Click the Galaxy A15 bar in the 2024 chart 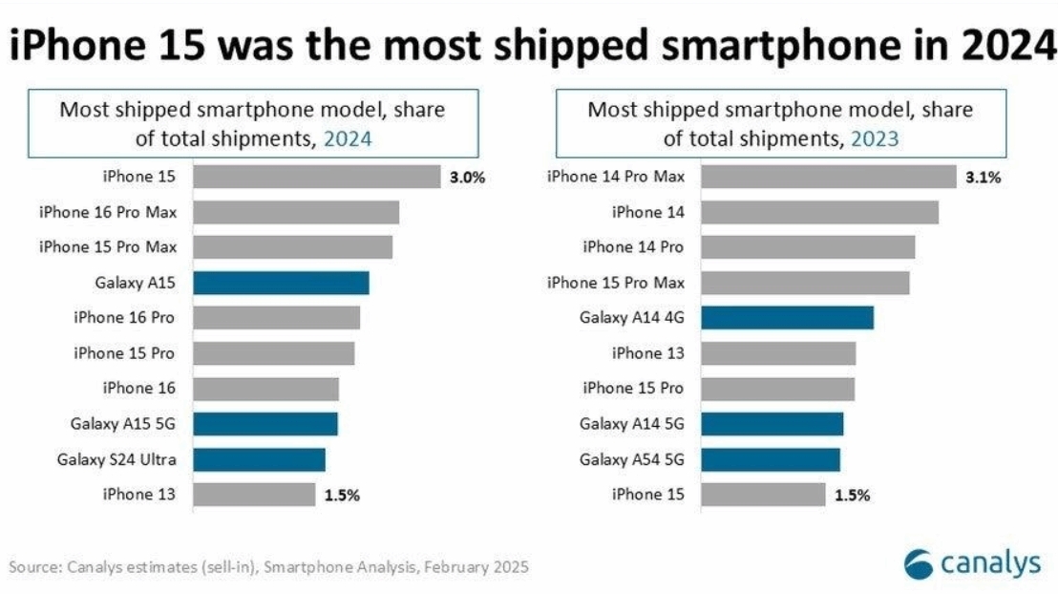pyautogui.click(x=281, y=283)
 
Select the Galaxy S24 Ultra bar pyautogui.click(x=259, y=459)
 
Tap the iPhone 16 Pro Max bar pyautogui.click(x=296, y=212)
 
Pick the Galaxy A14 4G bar pyautogui.click(x=787, y=318)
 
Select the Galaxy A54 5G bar pyautogui.click(x=771, y=459)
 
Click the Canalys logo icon pyautogui.click(x=920, y=563)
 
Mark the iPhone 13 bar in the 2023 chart pyautogui.click(x=778, y=353)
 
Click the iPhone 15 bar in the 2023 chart pyautogui.click(x=763, y=495)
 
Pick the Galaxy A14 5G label pyautogui.click(x=632, y=424)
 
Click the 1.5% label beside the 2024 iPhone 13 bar pyautogui.click(x=341, y=495)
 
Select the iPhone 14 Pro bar pyautogui.click(x=808, y=247)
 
